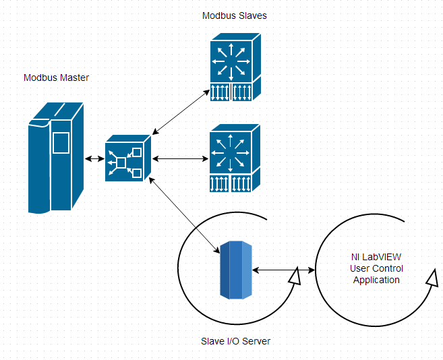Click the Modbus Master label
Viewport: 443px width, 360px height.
click(x=56, y=78)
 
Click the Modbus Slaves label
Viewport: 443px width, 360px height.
click(x=235, y=16)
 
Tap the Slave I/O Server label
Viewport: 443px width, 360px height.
click(x=236, y=341)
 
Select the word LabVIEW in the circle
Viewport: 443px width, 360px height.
click(x=388, y=257)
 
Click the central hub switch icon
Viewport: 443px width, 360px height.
click(x=127, y=158)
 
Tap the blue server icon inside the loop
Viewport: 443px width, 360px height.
click(x=236, y=270)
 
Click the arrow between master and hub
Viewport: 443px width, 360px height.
click(x=94, y=159)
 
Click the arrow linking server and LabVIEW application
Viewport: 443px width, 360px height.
click(x=283, y=271)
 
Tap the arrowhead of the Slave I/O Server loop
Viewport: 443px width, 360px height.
click(x=293, y=276)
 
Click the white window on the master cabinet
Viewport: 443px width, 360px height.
click(x=61, y=143)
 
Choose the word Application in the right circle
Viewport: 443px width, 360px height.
click(x=376, y=280)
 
